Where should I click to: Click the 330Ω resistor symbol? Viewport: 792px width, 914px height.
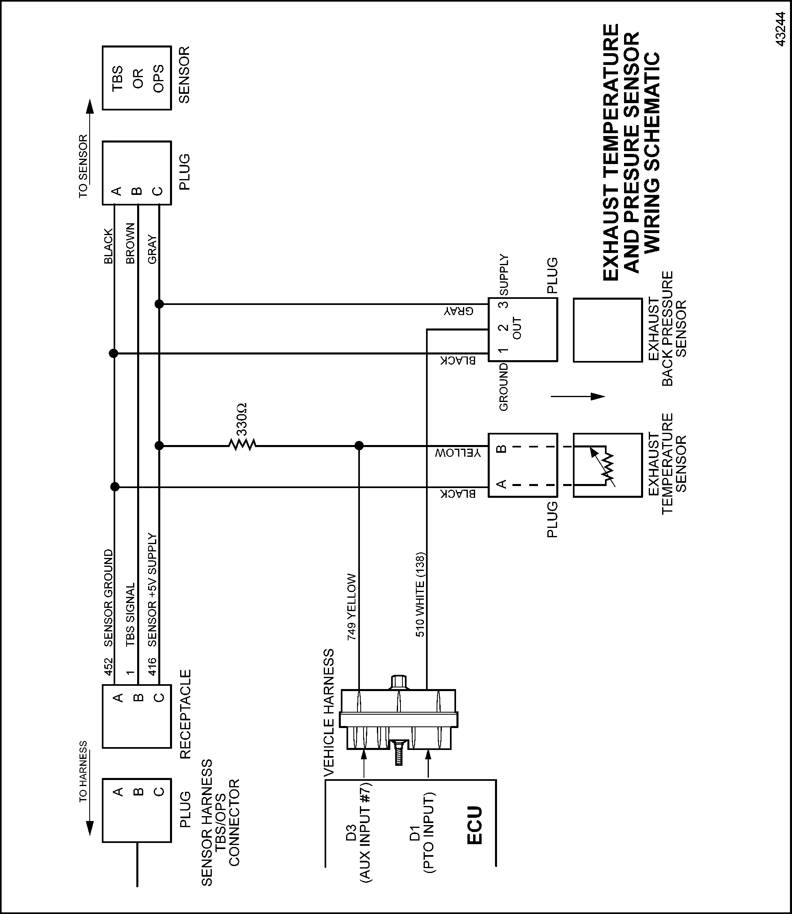point(242,445)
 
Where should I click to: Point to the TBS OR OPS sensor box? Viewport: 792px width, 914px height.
point(137,78)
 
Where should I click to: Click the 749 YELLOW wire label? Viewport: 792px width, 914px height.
point(352,607)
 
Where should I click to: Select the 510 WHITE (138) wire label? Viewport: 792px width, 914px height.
point(420,594)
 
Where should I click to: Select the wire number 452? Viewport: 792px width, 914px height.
point(109,667)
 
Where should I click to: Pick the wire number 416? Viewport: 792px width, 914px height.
point(152,667)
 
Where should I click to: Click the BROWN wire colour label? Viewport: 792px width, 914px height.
point(130,244)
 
